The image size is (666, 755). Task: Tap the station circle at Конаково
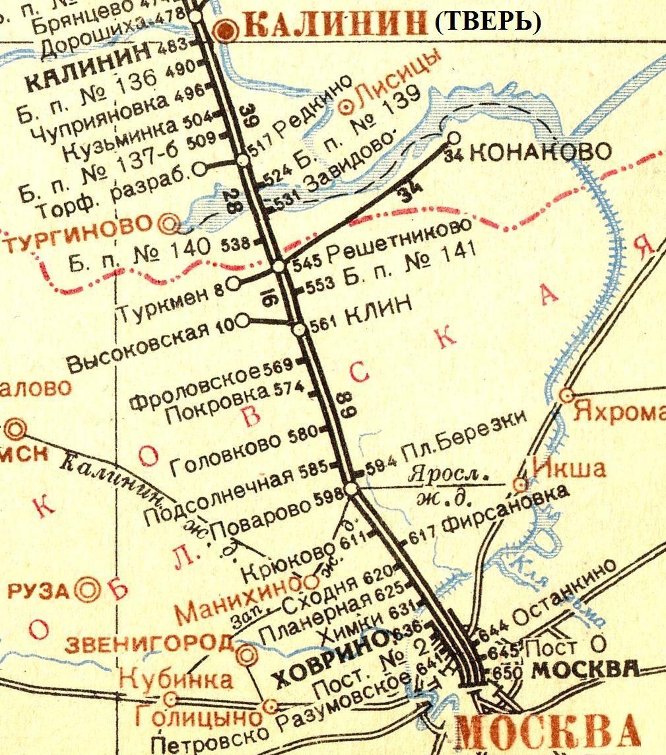point(453,137)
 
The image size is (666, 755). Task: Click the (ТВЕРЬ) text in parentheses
point(488,23)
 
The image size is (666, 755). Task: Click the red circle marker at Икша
point(521,485)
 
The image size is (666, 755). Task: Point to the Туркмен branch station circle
point(234,284)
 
